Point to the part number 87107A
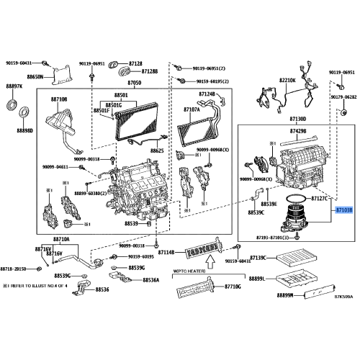192,110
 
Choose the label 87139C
258,258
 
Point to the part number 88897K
14,86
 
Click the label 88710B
59,99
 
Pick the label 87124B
207,94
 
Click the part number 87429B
297,132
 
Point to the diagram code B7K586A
343,305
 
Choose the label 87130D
297,118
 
